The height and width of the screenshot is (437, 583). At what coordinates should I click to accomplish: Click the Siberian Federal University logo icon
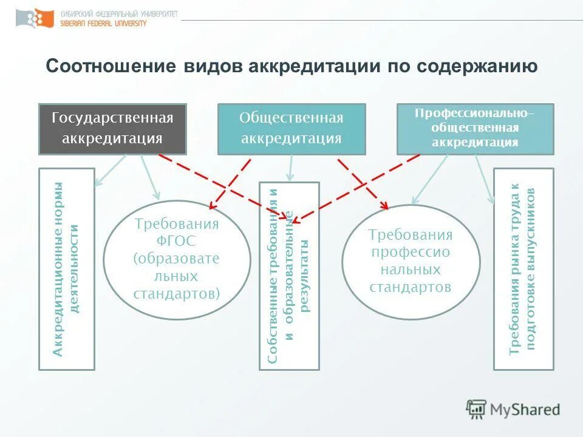pyautogui.click(x=31, y=18)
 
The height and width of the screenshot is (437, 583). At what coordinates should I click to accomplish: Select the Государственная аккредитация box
pyautogui.click(x=112, y=128)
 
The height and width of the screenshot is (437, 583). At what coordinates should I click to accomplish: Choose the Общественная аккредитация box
pyautogui.click(x=291, y=128)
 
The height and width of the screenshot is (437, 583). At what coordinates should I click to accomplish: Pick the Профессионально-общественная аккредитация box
pyautogui.click(x=475, y=129)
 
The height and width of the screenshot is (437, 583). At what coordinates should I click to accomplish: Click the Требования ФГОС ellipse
pyautogui.click(x=177, y=259)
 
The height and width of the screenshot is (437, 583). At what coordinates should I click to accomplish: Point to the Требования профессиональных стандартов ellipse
pyautogui.click(x=411, y=261)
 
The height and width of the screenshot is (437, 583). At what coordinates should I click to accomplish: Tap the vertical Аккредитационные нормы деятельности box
pyautogui.click(x=67, y=269)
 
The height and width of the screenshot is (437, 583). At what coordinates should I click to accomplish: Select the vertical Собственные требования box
pyautogui.click(x=289, y=276)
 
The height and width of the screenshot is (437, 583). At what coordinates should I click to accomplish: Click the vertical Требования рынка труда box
pyautogui.click(x=523, y=269)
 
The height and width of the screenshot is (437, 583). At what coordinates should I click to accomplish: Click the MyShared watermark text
pyautogui.click(x=525, y=410)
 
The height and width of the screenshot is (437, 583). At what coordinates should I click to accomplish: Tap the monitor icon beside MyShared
pyautogui.click(x=477, y=410)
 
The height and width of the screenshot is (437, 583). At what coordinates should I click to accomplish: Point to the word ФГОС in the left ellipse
pyautogui.click(x=177, y=242)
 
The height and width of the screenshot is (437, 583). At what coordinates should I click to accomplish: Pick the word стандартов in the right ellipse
pyautogui.click(x=411, y=286)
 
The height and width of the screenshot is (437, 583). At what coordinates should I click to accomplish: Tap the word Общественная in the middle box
pyautogui.click(x=291, y=118)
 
